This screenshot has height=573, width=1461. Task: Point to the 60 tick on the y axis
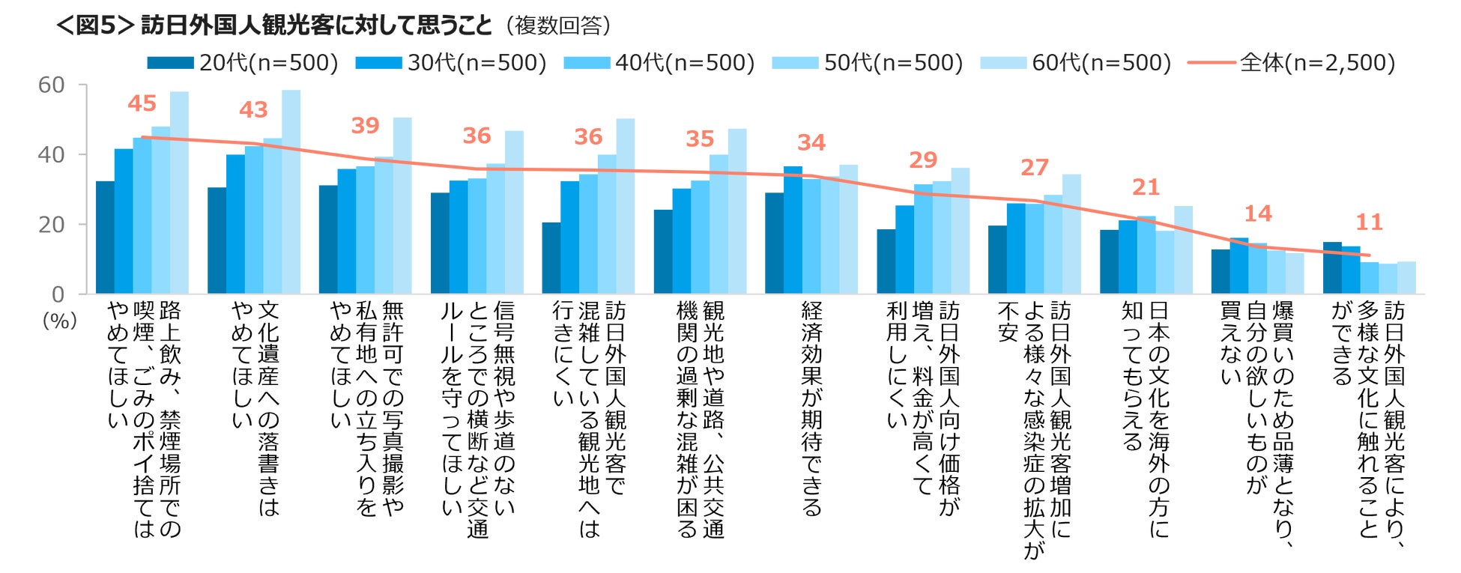pos(52,85)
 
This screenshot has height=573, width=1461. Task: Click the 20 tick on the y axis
pos(52,224)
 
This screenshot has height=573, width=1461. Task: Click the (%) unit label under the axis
pos(60,321)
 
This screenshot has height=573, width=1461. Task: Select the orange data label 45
pos(142,103)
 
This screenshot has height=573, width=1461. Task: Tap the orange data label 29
pos(923,160)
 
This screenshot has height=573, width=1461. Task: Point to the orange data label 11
pos(1369,222)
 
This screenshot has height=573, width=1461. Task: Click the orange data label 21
pos(1146,187)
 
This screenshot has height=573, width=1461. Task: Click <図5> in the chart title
pos(95,25)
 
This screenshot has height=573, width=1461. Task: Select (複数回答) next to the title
pos(558,25)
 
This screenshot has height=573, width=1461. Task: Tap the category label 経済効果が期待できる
pos(811,408)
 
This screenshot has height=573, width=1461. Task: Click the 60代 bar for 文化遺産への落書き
pos(291,192)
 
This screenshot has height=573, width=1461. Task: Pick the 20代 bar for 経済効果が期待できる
pos(775,243)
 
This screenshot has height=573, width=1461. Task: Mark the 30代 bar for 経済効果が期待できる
pos(793,230)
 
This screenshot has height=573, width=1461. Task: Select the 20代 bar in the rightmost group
pos(1332,267)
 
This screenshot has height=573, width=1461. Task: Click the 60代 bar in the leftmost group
pos(179,192)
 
